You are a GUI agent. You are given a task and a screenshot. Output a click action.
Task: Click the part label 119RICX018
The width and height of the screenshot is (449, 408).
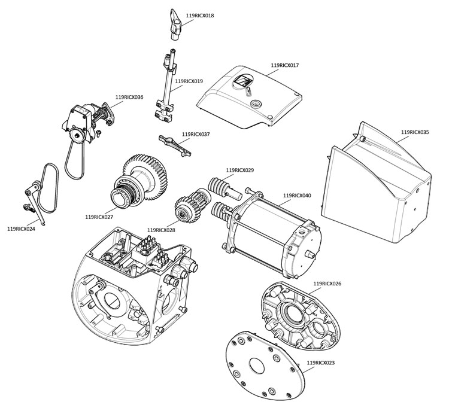(x=201, y=16)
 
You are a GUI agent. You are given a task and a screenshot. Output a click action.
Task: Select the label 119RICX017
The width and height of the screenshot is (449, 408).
(x=284, y=65)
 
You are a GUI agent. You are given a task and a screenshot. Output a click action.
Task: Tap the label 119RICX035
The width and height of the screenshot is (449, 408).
(x=415, y=132)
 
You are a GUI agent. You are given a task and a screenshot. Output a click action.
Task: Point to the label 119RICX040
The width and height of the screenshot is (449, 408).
(x=297, y=196)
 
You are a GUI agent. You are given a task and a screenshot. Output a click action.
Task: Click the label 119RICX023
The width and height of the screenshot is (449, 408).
(x=320, y=363)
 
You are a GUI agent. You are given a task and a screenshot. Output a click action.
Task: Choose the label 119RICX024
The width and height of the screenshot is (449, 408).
(x=21, y=229)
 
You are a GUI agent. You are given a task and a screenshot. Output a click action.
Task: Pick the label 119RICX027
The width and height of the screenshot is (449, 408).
(x=99, y=217)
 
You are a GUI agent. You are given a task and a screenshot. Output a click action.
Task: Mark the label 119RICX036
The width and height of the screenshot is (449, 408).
(x=129, y=97)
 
